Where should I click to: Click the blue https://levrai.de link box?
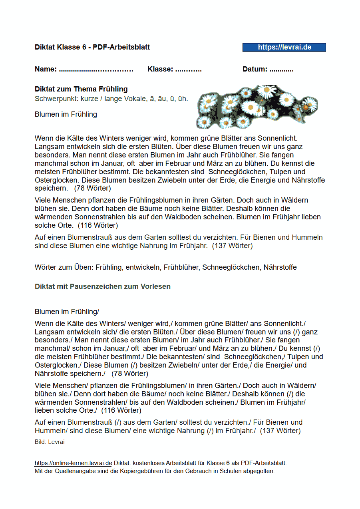click(284, 47)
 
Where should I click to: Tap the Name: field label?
click(46, 69)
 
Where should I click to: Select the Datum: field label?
click(255, 69)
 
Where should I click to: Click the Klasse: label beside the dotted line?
click(160, 69)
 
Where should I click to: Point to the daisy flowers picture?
click(257, 106)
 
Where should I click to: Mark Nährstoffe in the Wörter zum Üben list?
click(280, 267)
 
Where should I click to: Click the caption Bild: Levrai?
click(50, 442)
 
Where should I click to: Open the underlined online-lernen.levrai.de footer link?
click(73, 463)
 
